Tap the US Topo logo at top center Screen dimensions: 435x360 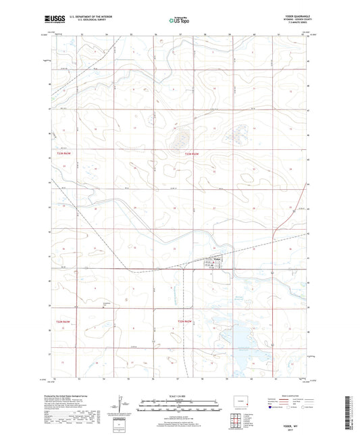pos(179,21)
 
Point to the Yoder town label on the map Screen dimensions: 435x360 pos(217,259)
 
